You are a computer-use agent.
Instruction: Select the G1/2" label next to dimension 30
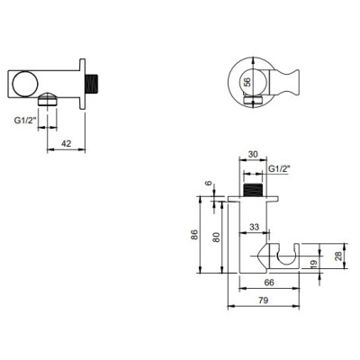pos(281,168)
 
